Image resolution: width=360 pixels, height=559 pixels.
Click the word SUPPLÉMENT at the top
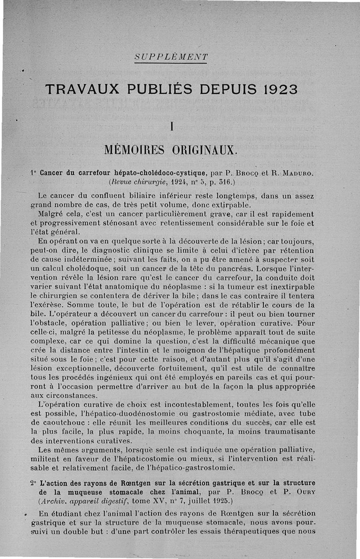pyautogui.click(x=171, y=57)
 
